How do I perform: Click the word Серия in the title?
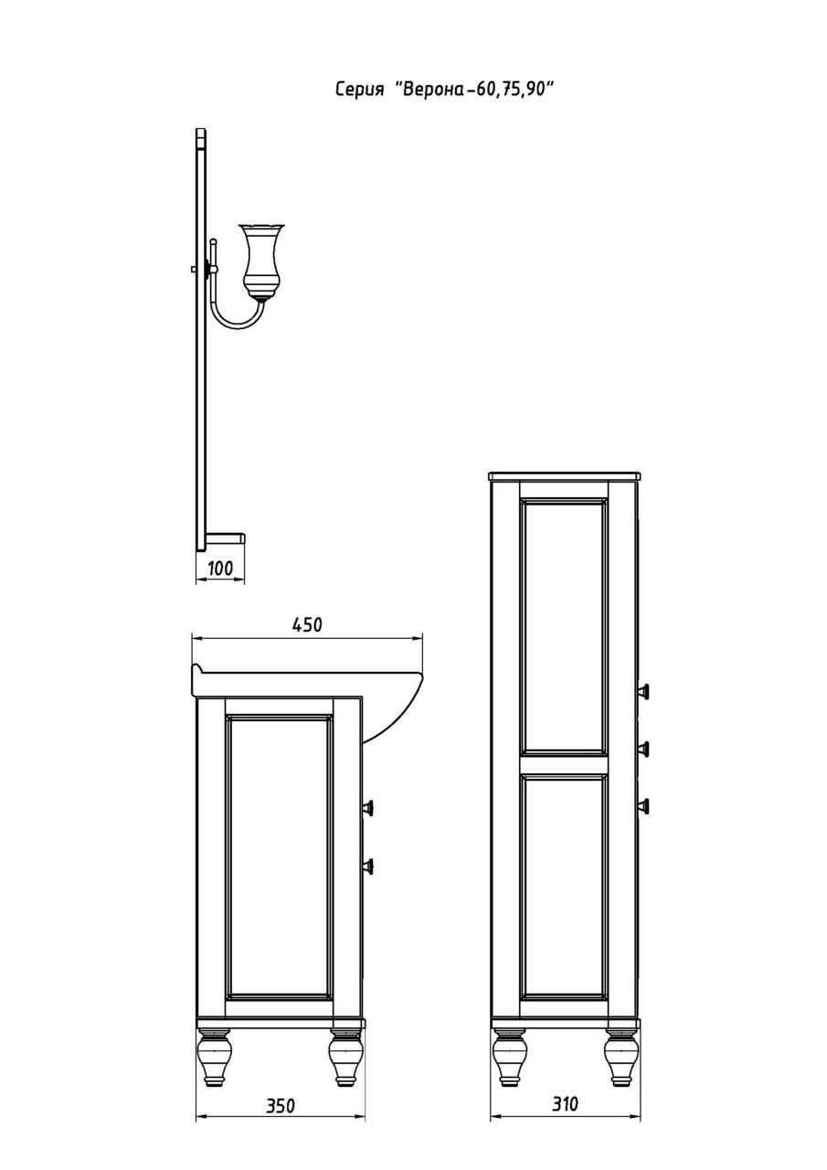pos(359,90)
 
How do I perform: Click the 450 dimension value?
pos(307,624)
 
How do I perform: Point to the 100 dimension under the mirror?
pos(220,568)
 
